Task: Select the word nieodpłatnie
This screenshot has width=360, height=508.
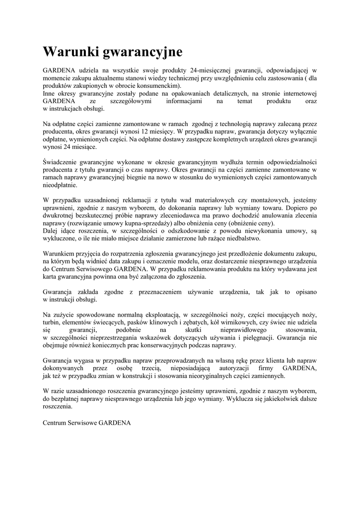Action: [60, 185]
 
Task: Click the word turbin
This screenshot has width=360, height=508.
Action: [51, 322]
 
